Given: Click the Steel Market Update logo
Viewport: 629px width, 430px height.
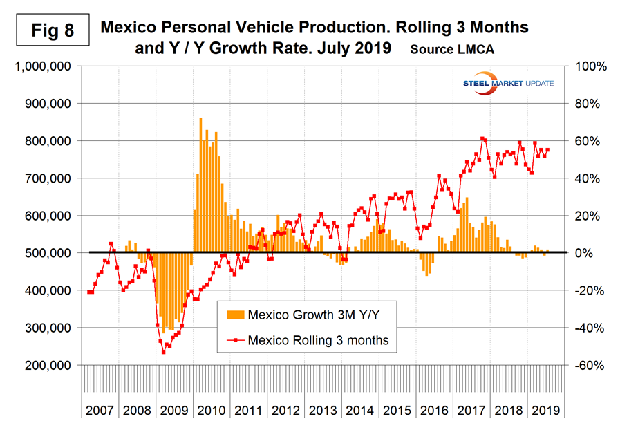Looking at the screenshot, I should click(512, 84).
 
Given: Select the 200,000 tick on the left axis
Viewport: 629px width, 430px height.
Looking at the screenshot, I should click(45, 365).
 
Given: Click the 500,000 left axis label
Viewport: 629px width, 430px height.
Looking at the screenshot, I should click(45, 253).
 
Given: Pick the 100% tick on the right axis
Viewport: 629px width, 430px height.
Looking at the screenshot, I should click(590, 66).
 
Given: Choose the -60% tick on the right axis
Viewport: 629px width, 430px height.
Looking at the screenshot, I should click(590, 365).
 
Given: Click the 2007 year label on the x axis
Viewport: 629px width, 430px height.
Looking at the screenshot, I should click(101, 409).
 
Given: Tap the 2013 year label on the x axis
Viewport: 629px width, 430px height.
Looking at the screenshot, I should click(323, 409).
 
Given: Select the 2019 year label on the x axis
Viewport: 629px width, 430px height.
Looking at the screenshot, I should click(546, 409).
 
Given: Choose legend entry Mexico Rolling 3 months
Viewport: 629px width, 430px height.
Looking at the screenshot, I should click(318, 339).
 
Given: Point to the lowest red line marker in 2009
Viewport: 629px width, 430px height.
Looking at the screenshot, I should click(163, 352).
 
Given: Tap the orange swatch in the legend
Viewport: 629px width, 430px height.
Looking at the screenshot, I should click(235, 315).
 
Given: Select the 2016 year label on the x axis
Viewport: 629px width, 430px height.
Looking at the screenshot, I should click(435, 409).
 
